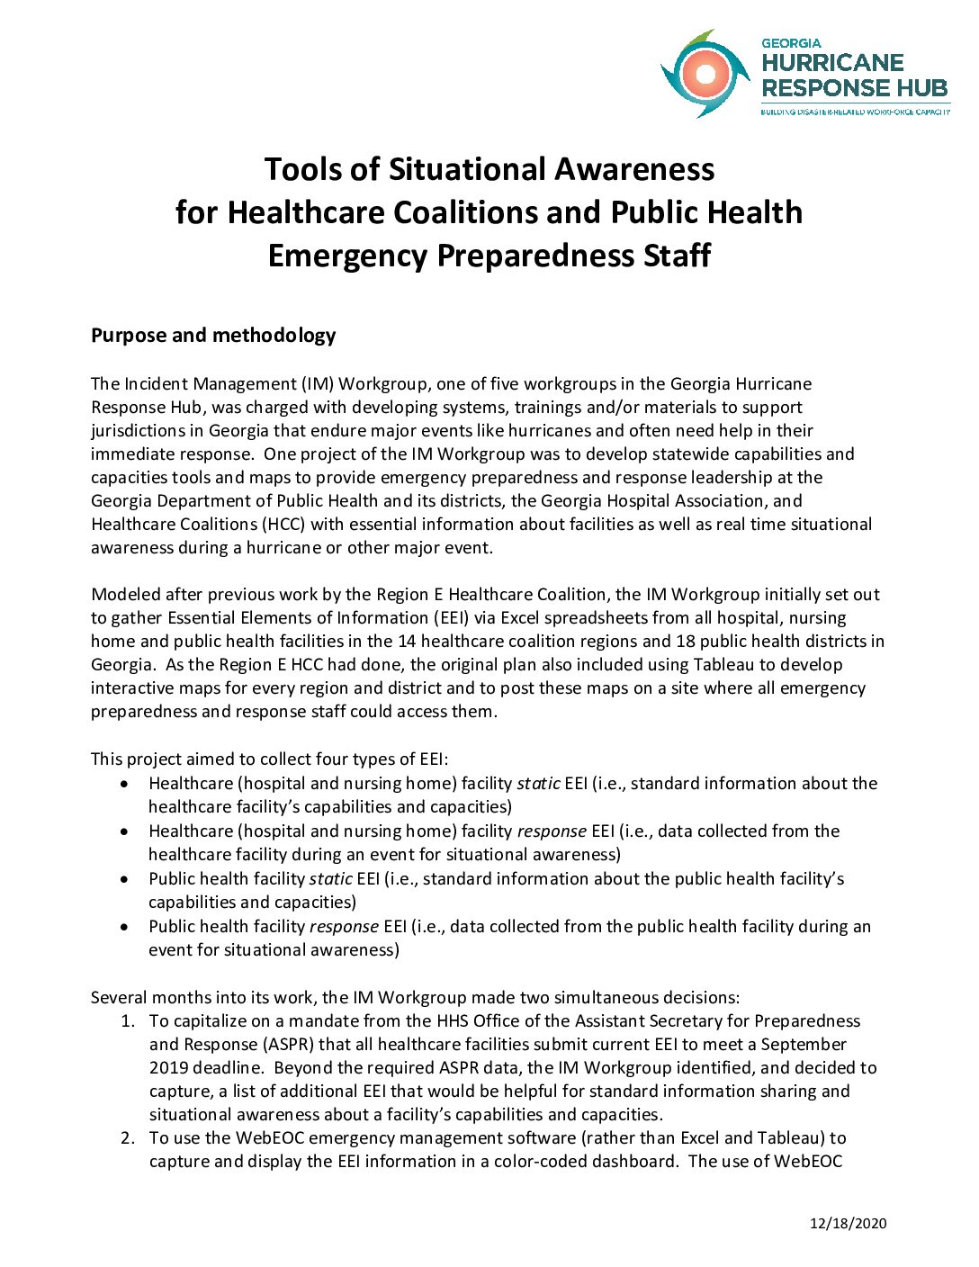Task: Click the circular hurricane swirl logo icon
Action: pyautogui.click(x=705, y=74)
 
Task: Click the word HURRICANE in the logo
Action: pyautogui.click(x=832, y=63)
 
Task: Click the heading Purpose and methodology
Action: pyautogui.click(x=213, y=336)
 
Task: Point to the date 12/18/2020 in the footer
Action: pyautogui.click(x=848, y=1223)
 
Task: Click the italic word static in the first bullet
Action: pyautogui.click(x=538, y=784)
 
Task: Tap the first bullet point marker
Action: pyautogui.click(x=124, y=784)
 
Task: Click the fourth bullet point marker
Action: pyautogui.click(x=124, y=927)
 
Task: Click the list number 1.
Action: pyautogui.click(x=128, y=1021)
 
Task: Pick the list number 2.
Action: pyautogui.click(x=128, y=1138)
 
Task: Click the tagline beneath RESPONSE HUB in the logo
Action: pyautogui.click(x=855, y=112)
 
